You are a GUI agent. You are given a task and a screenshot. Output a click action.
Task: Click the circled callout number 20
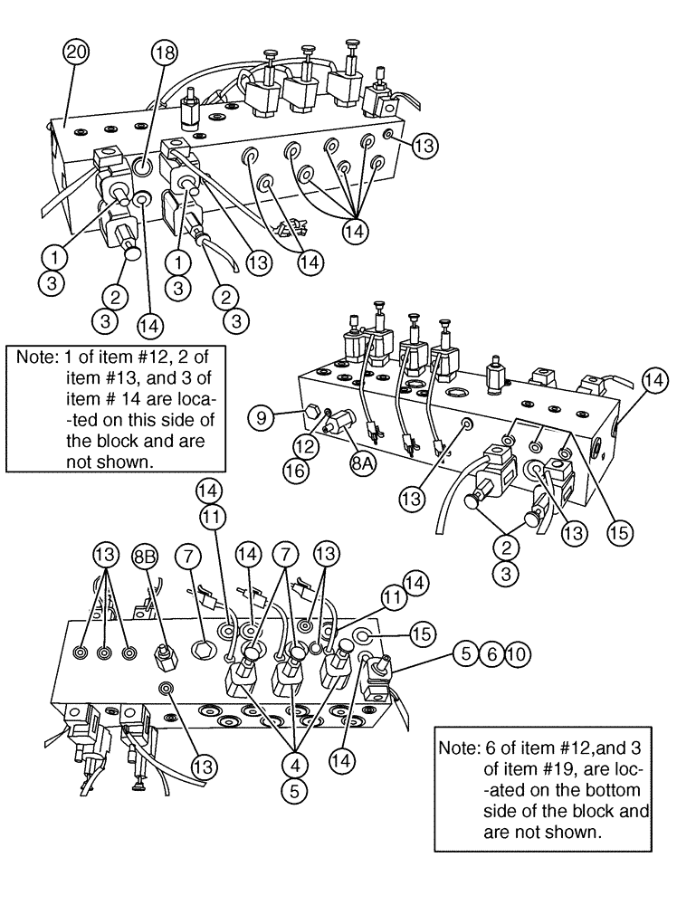[x=77, y=52]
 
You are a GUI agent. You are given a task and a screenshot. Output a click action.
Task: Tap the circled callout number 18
[x=164, y=53]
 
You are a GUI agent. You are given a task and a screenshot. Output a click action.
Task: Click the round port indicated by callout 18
[x=142, y=167]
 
